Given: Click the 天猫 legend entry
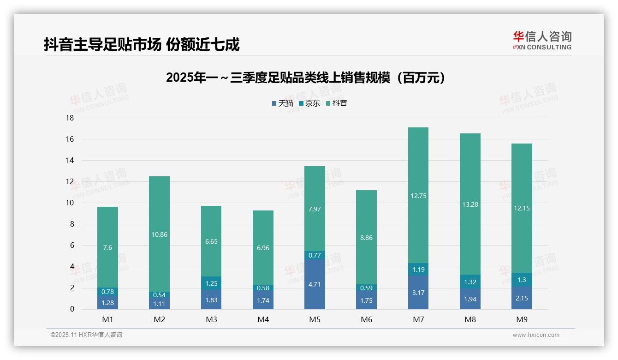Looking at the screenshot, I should coord(282,103).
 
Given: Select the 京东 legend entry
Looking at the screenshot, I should coord(309,103).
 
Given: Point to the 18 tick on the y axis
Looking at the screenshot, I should coord(70,118).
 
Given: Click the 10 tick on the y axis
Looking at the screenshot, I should coord(70,203).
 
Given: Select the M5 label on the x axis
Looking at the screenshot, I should coord(315,319).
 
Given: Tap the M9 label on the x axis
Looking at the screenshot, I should coord(522,319).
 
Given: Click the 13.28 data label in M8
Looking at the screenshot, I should coord(470,204).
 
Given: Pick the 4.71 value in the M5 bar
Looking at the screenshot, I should coord(315,284).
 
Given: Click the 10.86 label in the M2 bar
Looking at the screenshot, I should coord(159,234).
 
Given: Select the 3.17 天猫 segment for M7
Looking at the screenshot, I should coord(418,292).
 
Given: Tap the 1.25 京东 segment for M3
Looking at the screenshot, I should coord(211,283).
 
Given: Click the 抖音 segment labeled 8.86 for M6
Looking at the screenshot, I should coord(366,238).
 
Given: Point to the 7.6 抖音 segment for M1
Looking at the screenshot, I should coord(107,247).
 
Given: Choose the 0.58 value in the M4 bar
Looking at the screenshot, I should coord(263,288).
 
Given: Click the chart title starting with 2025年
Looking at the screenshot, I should coord(307,78).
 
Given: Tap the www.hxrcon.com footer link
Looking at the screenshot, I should coord(536,335).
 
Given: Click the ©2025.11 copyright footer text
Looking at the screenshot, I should coord(86,335).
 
